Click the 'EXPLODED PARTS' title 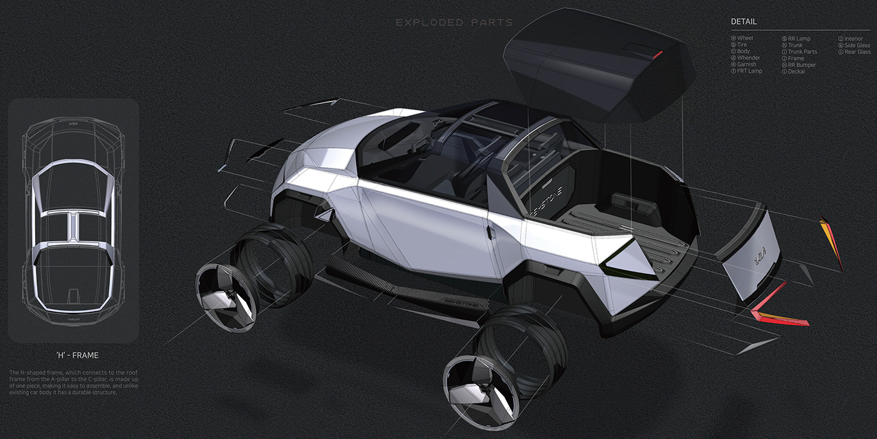tap(454, 23)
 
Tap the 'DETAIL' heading tap(744, 22)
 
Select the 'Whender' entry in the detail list tap(749, 58)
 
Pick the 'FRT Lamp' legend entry tap(749, 71)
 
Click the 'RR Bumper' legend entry tap(802, 65)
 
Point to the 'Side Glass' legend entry tap(857, 45)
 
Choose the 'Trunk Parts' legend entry tap(802, 52)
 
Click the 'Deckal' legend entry tap(796, 71)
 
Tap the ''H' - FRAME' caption tap(77, 356)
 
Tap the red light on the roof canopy tap(657, 55)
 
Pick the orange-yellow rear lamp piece tap(832, 241)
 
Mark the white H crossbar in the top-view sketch tap(73, 219)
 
